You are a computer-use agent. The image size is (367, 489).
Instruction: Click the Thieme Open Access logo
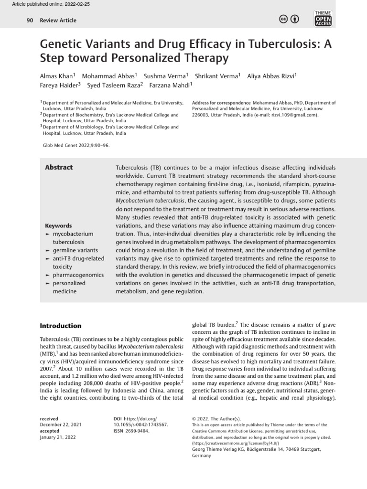pyautogui.click(x=323, y=19)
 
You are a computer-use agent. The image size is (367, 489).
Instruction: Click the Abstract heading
pyautogui.click(x=59, y=167)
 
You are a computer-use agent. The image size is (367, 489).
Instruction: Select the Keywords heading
pyautogui.click(x=58, y=225)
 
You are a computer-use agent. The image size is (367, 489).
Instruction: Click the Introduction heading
pyautogui.click(x=60, y=326)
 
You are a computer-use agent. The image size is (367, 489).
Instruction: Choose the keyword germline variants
pyautogui.click(x=75, y=250)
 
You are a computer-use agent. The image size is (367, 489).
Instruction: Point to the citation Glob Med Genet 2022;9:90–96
pyautogui.click(x=76, y=145)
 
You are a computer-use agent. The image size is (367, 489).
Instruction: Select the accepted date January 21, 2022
pyautogui.click(x=58, y=436)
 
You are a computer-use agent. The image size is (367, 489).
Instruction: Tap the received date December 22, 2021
pyautogui.click(x=61, y=424)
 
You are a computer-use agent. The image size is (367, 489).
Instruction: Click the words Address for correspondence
pyautogui.click(x=221, y=103)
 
